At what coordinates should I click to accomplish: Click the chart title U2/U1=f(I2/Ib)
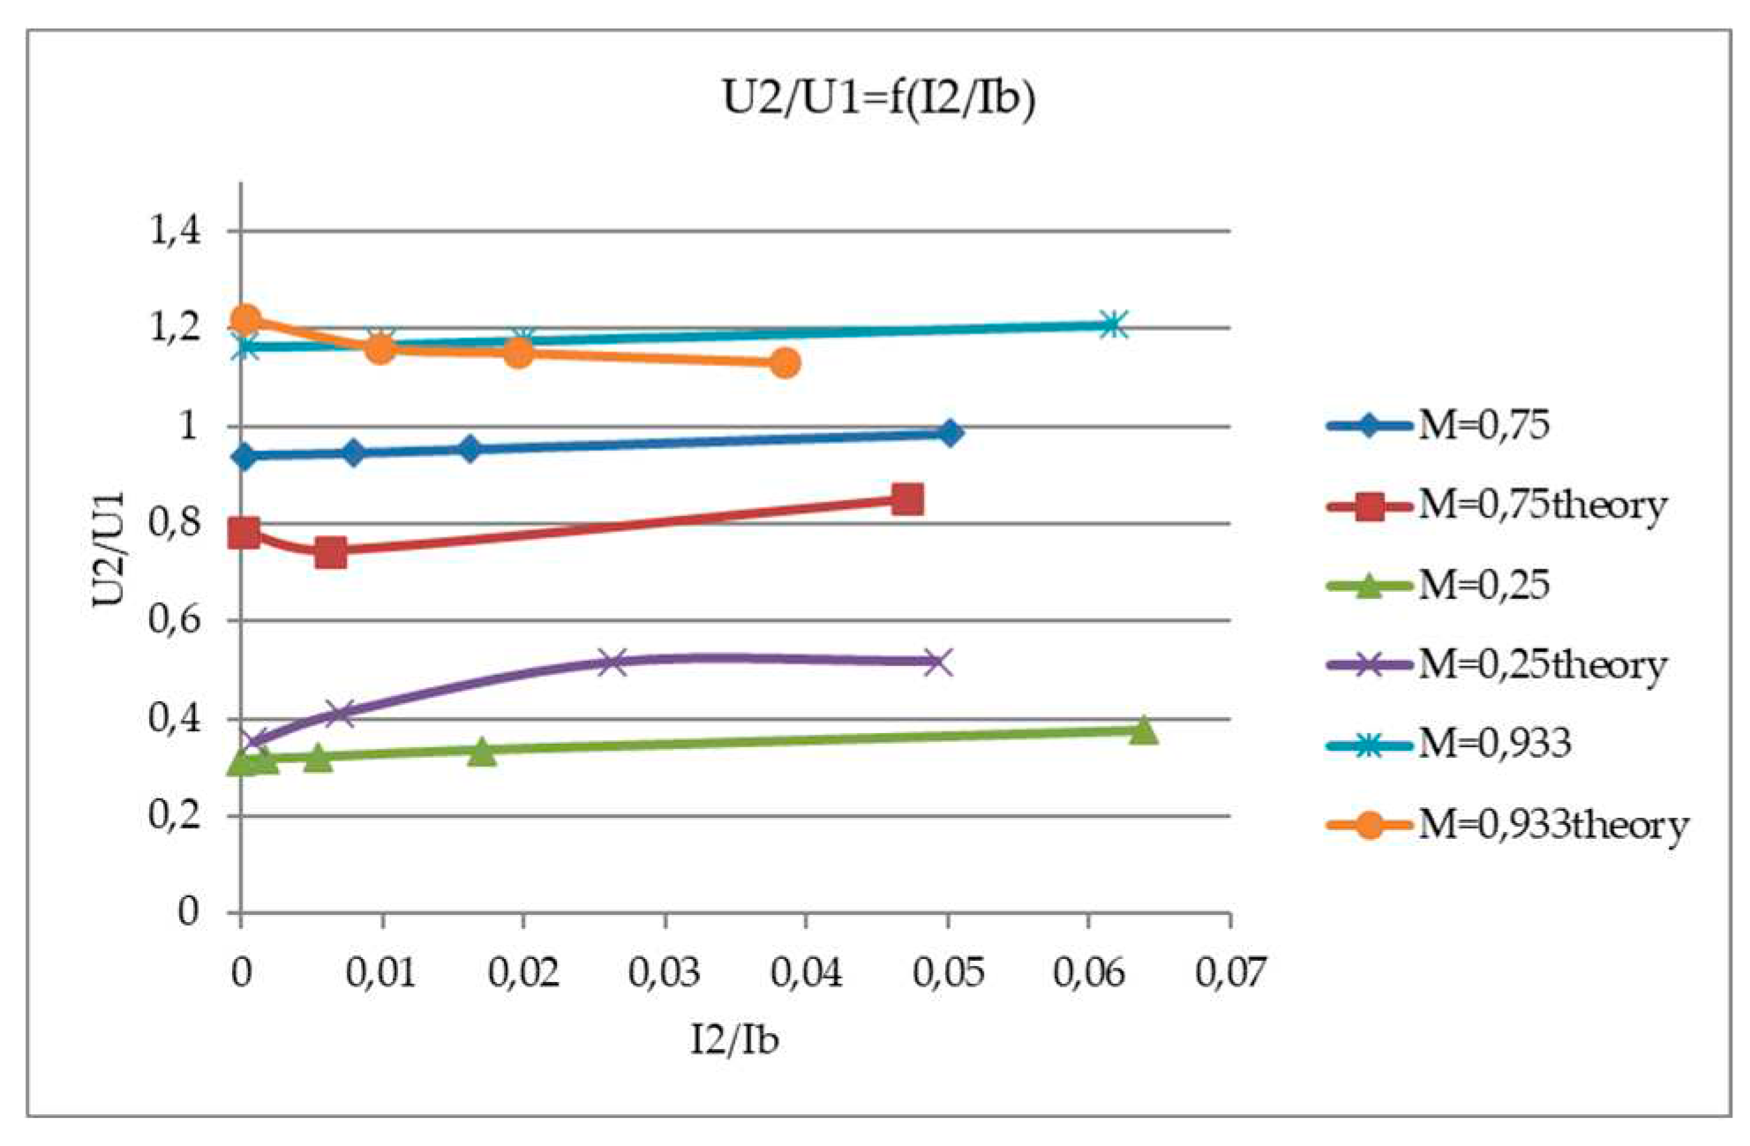(878, 98)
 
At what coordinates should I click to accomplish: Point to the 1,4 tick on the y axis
(175, 231)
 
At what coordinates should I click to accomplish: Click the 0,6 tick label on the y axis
(175, 620)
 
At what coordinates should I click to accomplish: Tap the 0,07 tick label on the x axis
(1229, 972)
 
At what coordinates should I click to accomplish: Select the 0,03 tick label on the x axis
(664, 972)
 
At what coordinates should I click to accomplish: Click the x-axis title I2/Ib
(734, 1040)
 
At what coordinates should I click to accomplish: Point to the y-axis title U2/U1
(109, 549)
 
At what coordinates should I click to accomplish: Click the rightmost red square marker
(907, 499)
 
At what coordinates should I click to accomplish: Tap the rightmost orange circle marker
(785, 363)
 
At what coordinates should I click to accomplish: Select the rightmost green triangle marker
(1144, 730)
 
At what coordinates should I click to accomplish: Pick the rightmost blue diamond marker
(950, 433)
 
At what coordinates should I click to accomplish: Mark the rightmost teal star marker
(1113, 325)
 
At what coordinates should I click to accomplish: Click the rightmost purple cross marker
(939, 662)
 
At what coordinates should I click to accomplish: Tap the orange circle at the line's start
(245, 318)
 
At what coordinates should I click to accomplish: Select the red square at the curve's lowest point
(330, 553)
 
